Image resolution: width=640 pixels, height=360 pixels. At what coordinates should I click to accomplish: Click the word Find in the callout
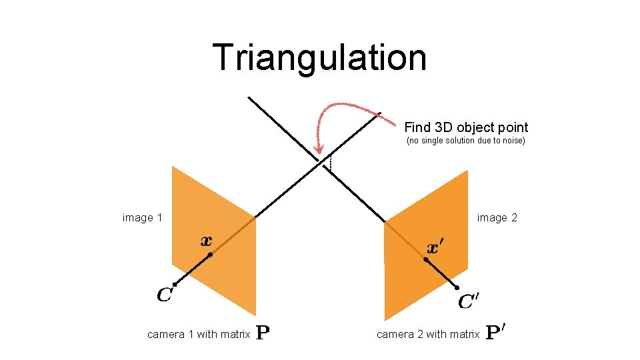click(x=417, y=127)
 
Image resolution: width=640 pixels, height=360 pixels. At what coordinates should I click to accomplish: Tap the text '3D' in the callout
click(x=443, y=127)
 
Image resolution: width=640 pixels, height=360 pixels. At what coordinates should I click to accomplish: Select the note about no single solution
click(x=466, y=141)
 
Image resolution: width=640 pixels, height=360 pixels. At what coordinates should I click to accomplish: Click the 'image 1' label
click(x=143, y=218)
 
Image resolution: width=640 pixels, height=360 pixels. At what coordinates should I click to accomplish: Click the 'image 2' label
click(x=497, y=218)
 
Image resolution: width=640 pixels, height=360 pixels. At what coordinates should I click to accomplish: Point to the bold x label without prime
click(x=207, y=241)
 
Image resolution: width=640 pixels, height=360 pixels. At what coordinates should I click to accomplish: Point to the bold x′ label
click(x=434, y=248)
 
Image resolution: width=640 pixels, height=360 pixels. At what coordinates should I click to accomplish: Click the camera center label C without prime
click(x=165, y=294)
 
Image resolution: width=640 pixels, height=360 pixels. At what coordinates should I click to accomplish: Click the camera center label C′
click(x=469, y=302)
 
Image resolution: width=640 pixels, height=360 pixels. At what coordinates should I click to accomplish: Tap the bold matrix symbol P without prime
click(x=263, y=333)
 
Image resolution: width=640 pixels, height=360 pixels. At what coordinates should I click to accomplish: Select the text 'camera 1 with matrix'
click(x=199, y=335)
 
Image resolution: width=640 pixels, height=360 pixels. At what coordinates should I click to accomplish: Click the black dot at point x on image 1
click(x=210, y=255)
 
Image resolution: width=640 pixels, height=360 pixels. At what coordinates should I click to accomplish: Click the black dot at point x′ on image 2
click(x=426, y=259)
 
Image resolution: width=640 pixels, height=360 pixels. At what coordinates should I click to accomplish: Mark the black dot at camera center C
click(x=174, y=285)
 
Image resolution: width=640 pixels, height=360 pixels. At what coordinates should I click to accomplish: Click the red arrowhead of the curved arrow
click(x=318, y=149)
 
